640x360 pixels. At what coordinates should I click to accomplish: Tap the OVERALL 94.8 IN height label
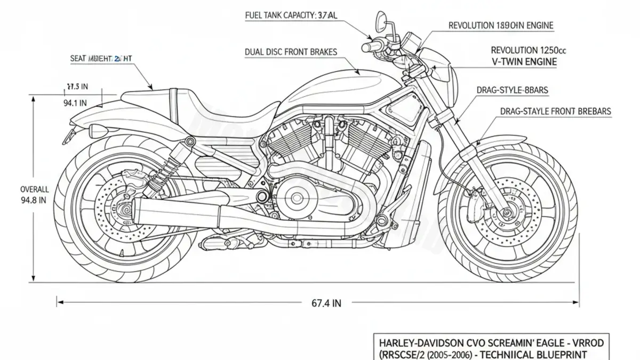(35, 195)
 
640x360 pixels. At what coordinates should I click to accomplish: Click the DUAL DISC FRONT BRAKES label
(291, 52)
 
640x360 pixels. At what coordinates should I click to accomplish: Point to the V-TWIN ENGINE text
(524, 62)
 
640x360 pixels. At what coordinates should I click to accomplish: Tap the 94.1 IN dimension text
(75, 103)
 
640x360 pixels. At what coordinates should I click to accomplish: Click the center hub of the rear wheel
(124, 210)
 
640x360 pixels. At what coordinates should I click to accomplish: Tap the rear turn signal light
(99, 131)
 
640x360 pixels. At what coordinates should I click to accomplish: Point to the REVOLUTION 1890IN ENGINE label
(500, 25)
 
